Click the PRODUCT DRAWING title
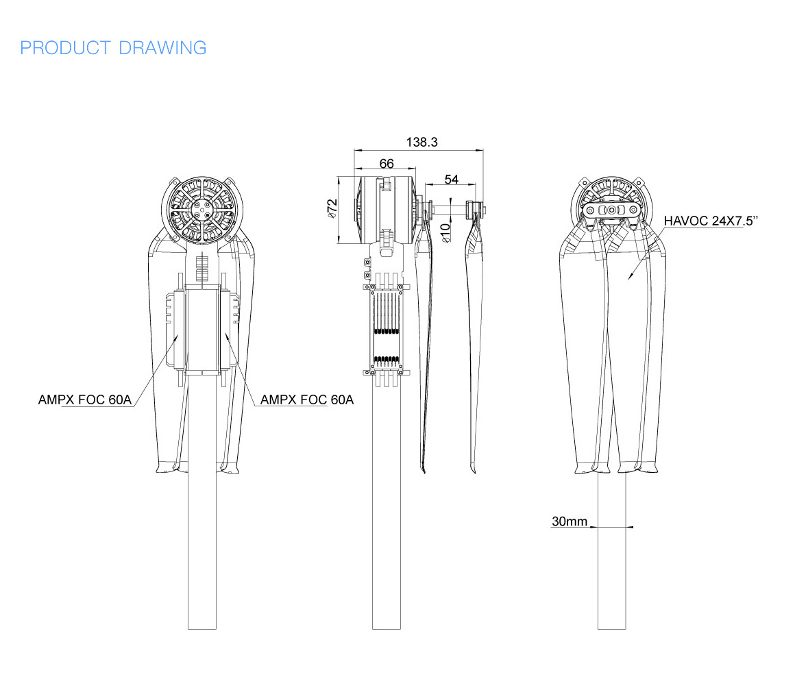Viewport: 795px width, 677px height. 113,48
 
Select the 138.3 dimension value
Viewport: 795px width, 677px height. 421,142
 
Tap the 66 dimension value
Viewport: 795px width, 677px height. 387,163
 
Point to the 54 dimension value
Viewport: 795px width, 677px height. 452,179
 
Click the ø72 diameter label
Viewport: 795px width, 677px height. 331,208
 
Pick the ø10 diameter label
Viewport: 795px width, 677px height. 445,232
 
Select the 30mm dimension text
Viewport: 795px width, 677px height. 570,522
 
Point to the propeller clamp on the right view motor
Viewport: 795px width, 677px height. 613,210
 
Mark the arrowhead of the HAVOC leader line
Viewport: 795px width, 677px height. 629,278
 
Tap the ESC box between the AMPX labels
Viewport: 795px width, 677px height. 202,331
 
